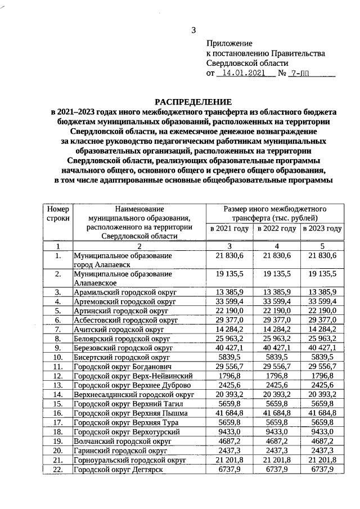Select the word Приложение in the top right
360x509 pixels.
coord(229,43)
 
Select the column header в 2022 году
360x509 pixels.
coord(277,229)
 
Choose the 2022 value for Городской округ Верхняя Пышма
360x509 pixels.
coord(277,413)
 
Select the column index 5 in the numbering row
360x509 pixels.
coord(322,246)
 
